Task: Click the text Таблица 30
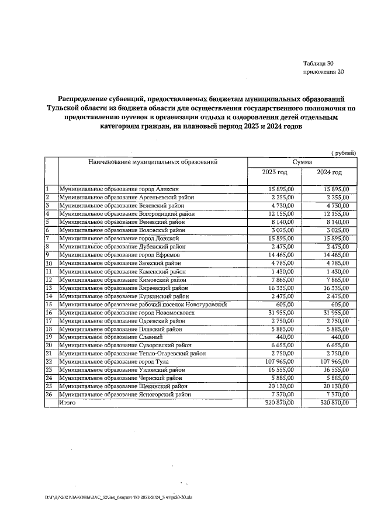pos(318,63)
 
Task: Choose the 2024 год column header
pos(329,172)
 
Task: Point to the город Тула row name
pos(110,362)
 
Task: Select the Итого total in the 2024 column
pos(331,403)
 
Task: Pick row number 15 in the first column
pos(50,305)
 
